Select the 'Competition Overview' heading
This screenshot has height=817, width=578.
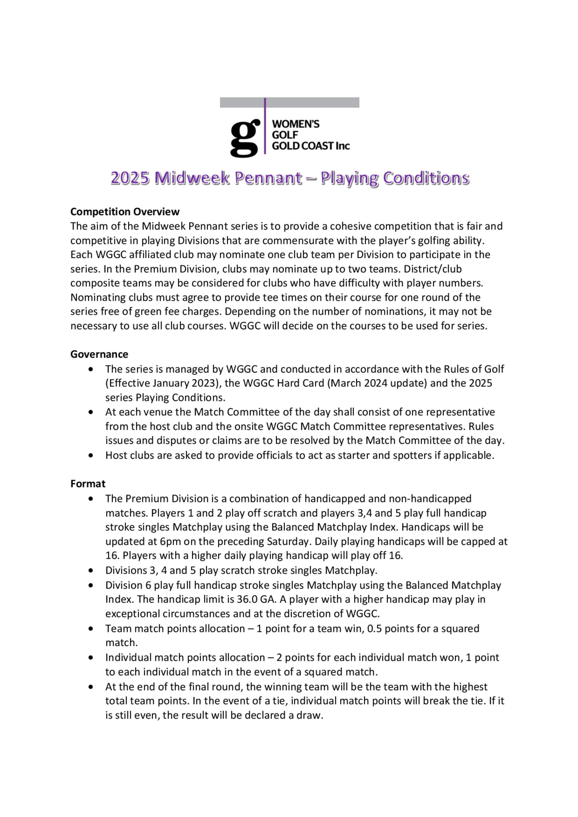(x=125, y=212)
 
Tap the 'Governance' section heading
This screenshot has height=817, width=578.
(x=99, y=354)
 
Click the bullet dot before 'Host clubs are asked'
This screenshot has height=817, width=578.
(x=92, y=455)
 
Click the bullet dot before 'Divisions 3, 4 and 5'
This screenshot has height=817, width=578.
(x=92, y=570)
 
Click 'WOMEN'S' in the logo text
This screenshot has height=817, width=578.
(x=296, y=124)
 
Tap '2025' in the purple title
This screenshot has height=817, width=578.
(x=129, y=178)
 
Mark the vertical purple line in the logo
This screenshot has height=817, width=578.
(x=265, y=126)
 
